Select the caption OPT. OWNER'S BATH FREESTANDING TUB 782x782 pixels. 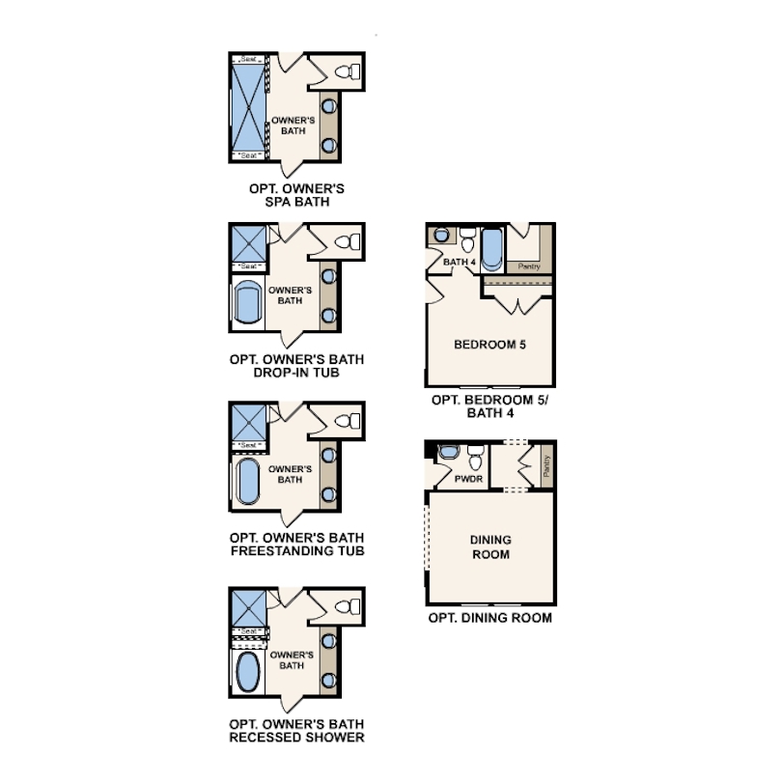click(x=296, y=545)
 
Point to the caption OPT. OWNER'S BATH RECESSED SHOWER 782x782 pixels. click(x=296, y=730)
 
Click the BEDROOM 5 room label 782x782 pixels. click(x=489, y=344)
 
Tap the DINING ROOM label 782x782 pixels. click(x=490, y=546)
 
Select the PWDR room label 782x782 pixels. click(x=468, y=478)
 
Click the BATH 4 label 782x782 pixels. click(x=455, y=263)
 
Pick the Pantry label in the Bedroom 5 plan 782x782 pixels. click(x=529, y=266)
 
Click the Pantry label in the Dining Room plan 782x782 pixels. click(x=545, y=467)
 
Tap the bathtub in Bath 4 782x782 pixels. click(x=491, y=248)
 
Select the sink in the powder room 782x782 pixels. click(x=449, y=452)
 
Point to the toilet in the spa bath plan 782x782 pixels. click(x=347, y=70)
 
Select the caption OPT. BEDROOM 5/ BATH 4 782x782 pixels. click(x=489, y=406)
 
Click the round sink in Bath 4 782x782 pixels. click(x=441, y=234)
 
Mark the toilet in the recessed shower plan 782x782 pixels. click(x=345, y=606)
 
